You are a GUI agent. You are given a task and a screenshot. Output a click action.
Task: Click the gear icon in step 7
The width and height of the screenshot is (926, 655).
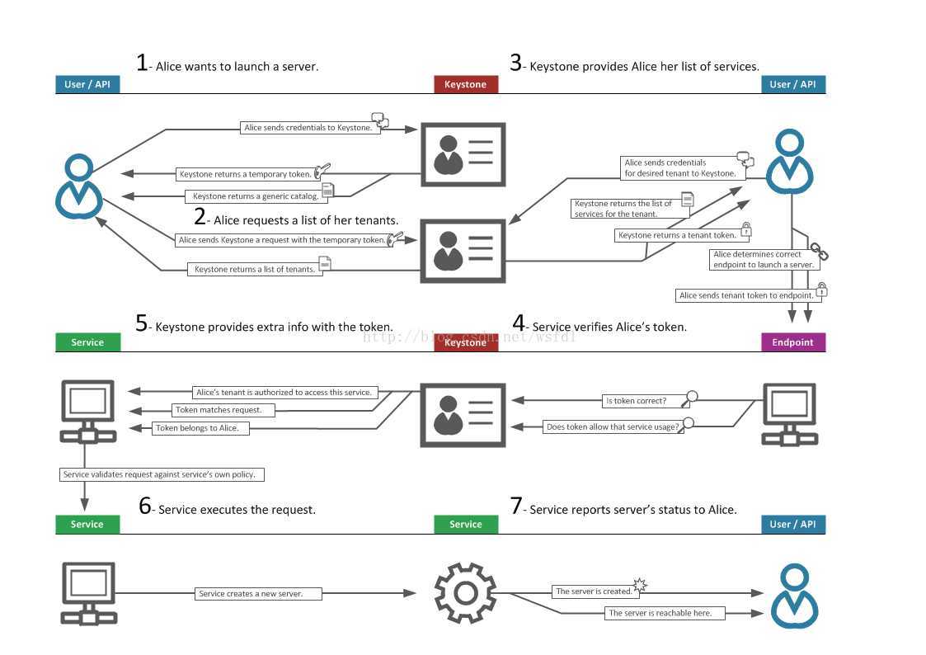pyautogui.click(x=465, y=592)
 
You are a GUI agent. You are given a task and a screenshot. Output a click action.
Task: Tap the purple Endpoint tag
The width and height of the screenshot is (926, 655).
pyautogui.click(x=792, y=342)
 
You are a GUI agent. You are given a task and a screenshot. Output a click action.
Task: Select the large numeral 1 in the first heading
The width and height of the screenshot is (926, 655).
pyautogui.click(x=142, y=64)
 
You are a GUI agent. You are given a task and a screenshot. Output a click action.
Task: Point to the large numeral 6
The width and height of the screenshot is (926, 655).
pyautogui.click(x=145, y=507)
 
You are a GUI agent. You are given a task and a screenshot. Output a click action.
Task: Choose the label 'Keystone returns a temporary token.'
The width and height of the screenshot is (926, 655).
pyautogui.click(x=245, y=174)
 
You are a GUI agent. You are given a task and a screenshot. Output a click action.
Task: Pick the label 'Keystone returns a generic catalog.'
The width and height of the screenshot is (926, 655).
pyautogui.click(x=256, y=196)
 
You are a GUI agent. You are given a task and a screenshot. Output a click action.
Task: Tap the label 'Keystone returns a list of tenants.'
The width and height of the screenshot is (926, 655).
pyautogui.click(x=254, y=269)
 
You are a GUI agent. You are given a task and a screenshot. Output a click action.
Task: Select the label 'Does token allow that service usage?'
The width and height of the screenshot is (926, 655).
pyautogui.click(x=613, y=427)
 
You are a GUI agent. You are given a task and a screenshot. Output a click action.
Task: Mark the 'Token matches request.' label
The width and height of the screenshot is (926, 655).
pyautogui.click(x=219, y=410)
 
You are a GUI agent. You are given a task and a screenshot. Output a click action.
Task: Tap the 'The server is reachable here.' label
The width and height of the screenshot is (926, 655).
pyautogui.click(x=665, y=613)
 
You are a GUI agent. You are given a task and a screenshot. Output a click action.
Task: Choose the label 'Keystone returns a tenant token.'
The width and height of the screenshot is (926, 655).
pyautogui.click(x=676, y=235)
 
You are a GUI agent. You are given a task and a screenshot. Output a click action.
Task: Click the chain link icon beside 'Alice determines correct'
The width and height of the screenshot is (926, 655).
pyautogui.click(x=819, y=251)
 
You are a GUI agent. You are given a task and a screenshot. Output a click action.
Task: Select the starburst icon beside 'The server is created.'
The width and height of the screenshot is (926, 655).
pyautogui.click(x=640, y=585)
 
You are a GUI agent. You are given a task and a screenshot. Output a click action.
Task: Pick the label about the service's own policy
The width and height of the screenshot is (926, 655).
pyautogui.click(x=163, y=474)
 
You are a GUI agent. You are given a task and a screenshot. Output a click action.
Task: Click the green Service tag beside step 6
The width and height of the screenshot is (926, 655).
pyautogui.click(x=87, y=524)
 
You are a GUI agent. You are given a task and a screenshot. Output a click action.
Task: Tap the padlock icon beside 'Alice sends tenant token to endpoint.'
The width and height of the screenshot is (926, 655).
pyautogui.click(x=821, y=290)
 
